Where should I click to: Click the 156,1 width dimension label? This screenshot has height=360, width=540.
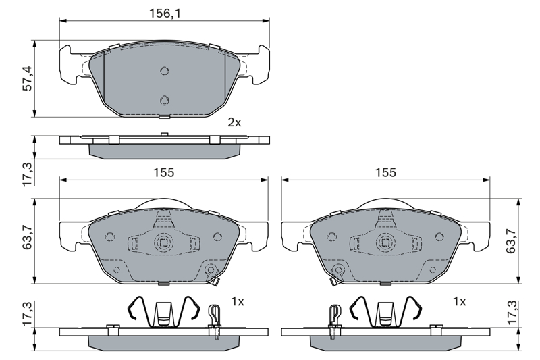coord(165,14)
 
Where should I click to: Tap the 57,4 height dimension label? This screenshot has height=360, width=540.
coord(27,78)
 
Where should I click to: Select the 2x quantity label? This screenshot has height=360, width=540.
coord(234,122)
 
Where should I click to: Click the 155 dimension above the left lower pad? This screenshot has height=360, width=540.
coord(164,172)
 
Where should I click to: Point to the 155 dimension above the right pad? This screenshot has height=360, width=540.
coord(385,172)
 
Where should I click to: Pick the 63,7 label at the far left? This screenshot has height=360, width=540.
coord(27,236)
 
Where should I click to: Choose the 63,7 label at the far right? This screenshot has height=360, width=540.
coord(511,241)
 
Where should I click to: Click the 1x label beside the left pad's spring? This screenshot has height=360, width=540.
coord(238,302)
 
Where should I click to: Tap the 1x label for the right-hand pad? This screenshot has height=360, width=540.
coord(459,302)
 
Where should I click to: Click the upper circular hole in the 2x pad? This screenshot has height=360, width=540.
coord(165,71)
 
